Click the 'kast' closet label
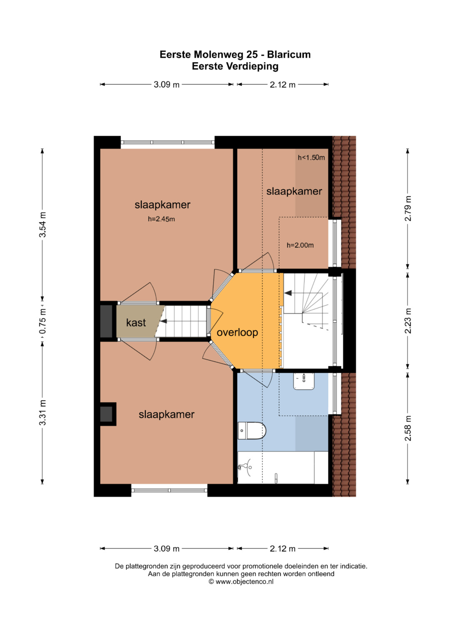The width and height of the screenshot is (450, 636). [136, 322]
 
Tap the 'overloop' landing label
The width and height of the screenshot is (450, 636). [237, 332]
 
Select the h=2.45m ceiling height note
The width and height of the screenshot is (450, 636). [161, 219]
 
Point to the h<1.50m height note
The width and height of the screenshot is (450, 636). [311, 157]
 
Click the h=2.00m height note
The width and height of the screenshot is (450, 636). [300, 245]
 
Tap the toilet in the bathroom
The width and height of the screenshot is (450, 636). [251, 430]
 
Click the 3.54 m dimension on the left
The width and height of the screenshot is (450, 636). [42, 224]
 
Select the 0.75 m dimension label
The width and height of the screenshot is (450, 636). [42, 321]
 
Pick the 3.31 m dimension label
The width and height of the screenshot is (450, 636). [42, 412]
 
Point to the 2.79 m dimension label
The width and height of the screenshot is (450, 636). [408, 208]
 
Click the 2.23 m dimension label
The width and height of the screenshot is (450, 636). [408, 321]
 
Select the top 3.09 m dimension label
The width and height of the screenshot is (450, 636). [167, 85]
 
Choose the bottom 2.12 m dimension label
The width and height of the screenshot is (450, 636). [282, 549]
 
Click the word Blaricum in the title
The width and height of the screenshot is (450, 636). [289, 54]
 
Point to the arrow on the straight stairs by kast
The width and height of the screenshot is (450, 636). [163, 321]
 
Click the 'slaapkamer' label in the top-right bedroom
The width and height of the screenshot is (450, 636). [294, 191]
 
